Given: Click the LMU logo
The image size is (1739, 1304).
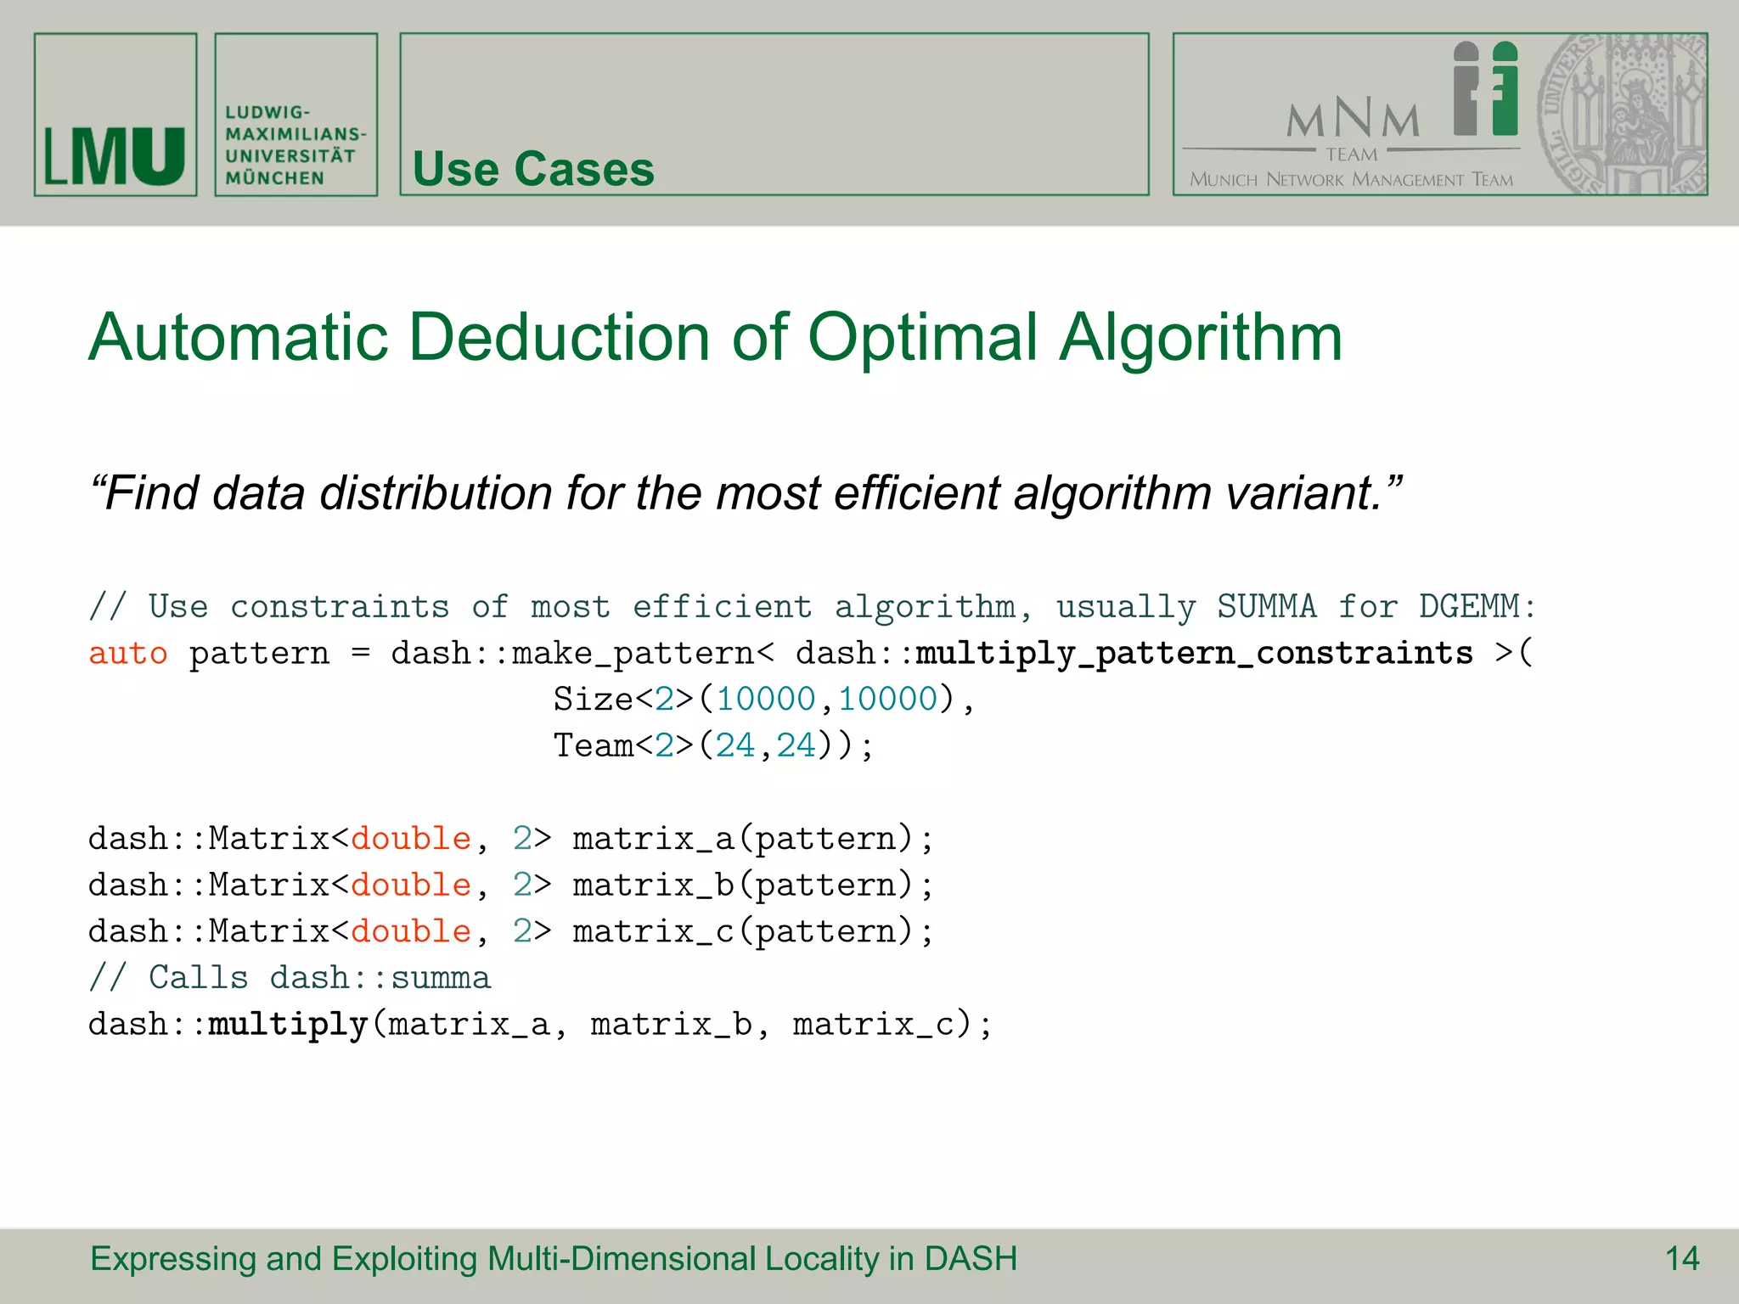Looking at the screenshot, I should pyautogui.click(x=115, y=156).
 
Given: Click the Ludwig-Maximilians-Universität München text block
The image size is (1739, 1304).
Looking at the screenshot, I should pyautogui.click(x=295, y=145).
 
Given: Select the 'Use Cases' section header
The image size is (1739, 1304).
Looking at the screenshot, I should pyautogui.click(x=533, y=169).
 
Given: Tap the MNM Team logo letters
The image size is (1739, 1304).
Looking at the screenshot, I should pyautogui.click(x=1353, y=118).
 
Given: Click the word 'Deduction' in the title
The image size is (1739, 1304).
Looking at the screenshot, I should pyautogui.click(x=559, y=338).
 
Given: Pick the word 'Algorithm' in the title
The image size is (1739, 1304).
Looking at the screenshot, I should pyautogui.click(x=1201, y=338).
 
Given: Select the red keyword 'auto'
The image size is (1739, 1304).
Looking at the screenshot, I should pyautogui.click(x=128, y=654).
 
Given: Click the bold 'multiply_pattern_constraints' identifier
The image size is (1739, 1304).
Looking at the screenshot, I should pyautogui.click(x=1194, y=654).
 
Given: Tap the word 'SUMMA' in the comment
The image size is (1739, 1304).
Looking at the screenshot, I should pyautogui.click(x=1266, y=607).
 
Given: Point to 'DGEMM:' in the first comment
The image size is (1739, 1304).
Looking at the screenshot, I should pyautogui.click(x=1477, y=607).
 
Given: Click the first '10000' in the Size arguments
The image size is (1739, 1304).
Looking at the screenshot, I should pyautogui.click(x=765, y=700).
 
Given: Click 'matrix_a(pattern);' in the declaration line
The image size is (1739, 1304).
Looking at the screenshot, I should pyautogui.click(x=752, y=839).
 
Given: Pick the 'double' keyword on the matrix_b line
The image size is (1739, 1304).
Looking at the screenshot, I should pyautogui.click(x=411, y=885).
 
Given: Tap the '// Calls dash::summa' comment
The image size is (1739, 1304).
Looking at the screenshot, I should pyautogui.click(x=290, y=978).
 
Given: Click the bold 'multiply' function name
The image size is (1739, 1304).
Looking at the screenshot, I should pyautogui.click(x=288, y=1025).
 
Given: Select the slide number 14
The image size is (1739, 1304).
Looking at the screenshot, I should pyautogui.click(x=1681, y=1259).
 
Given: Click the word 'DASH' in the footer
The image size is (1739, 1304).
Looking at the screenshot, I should pyautogui.click(x=971, y=1259).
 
